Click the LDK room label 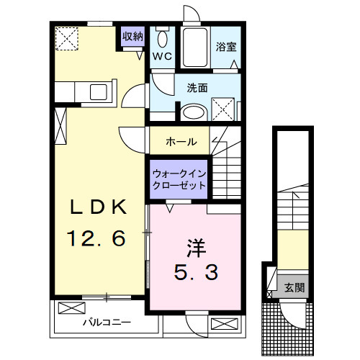click(98, 207)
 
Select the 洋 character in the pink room click(196, 248)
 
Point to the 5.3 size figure click(196, 273)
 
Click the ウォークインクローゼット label click(179, 179)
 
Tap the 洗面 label click(197, 89)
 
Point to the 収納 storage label click(133, 37)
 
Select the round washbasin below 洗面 click(192, 112)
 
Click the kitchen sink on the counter click(96, 92)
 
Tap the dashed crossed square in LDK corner click(68, 38)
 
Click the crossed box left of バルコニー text click(71, 309)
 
